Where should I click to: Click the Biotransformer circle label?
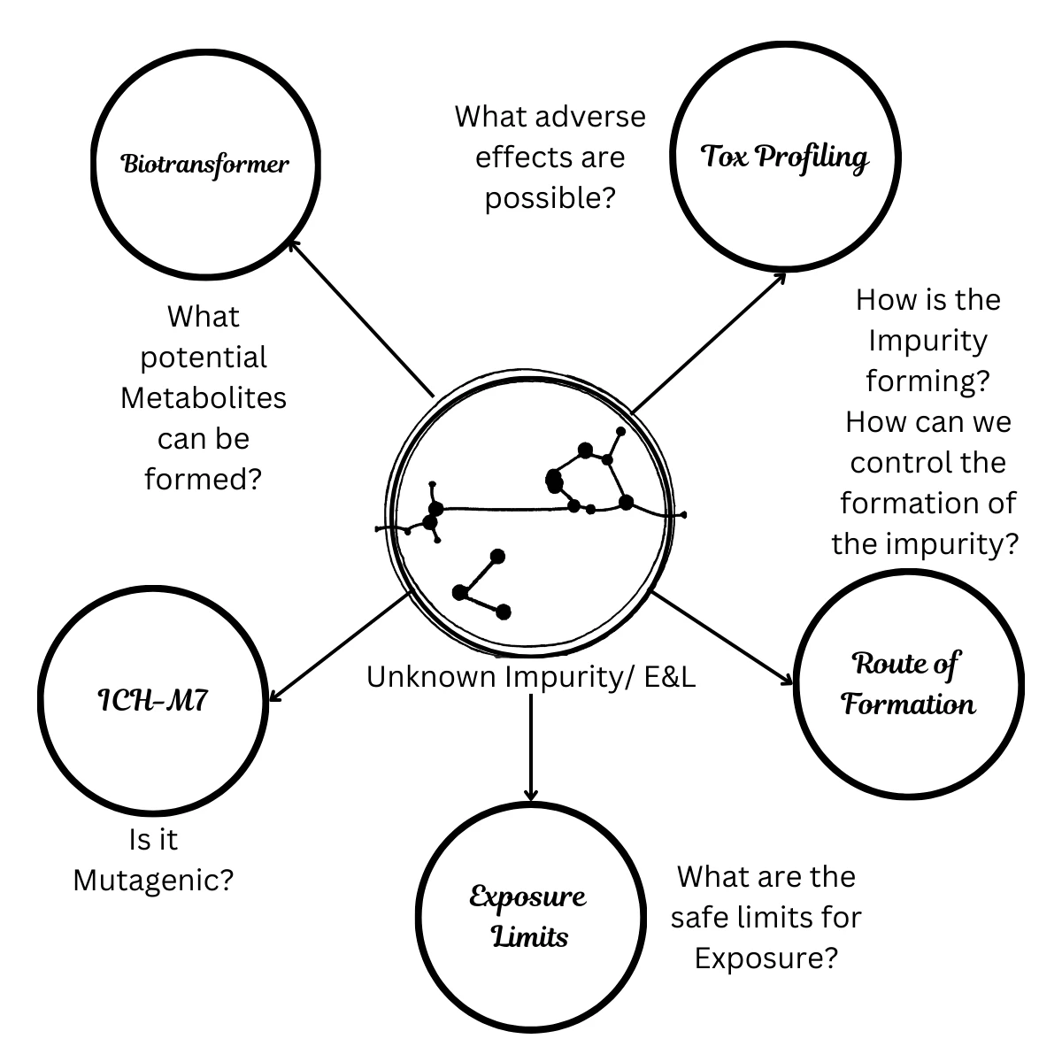tap(204, 165)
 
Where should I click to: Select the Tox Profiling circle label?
tap(784, 158)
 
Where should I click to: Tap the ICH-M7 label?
tap(154, 701)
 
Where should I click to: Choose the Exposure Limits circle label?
tap(528, 917)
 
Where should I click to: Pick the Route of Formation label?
tap(908, 684)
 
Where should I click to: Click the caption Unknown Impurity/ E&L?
tap(530, 677)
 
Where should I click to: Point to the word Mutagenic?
tap(153, 881)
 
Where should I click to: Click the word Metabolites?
tap(204, 398)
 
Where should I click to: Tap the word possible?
tap(550, 198)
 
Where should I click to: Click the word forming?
tap(927, 381)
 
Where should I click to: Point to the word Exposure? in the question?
tap(766, 958)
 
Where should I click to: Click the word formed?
tap(204, 480)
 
